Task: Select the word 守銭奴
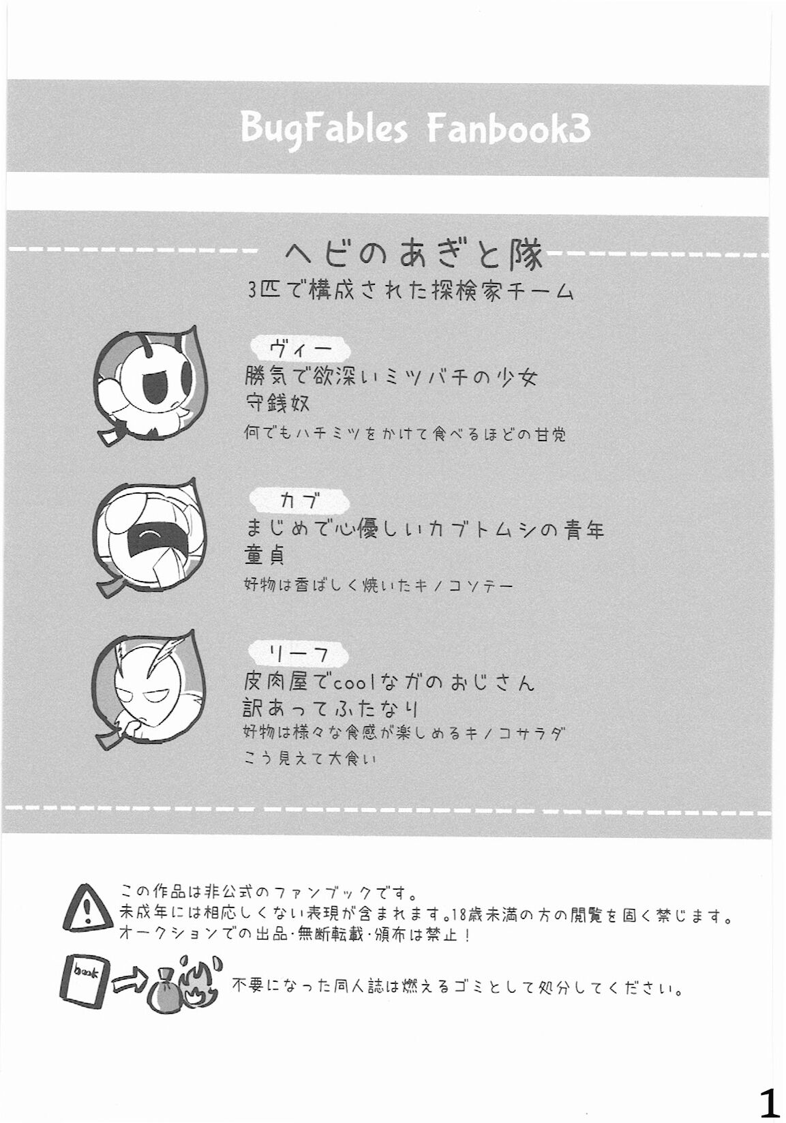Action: click(x=277, y=403)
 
